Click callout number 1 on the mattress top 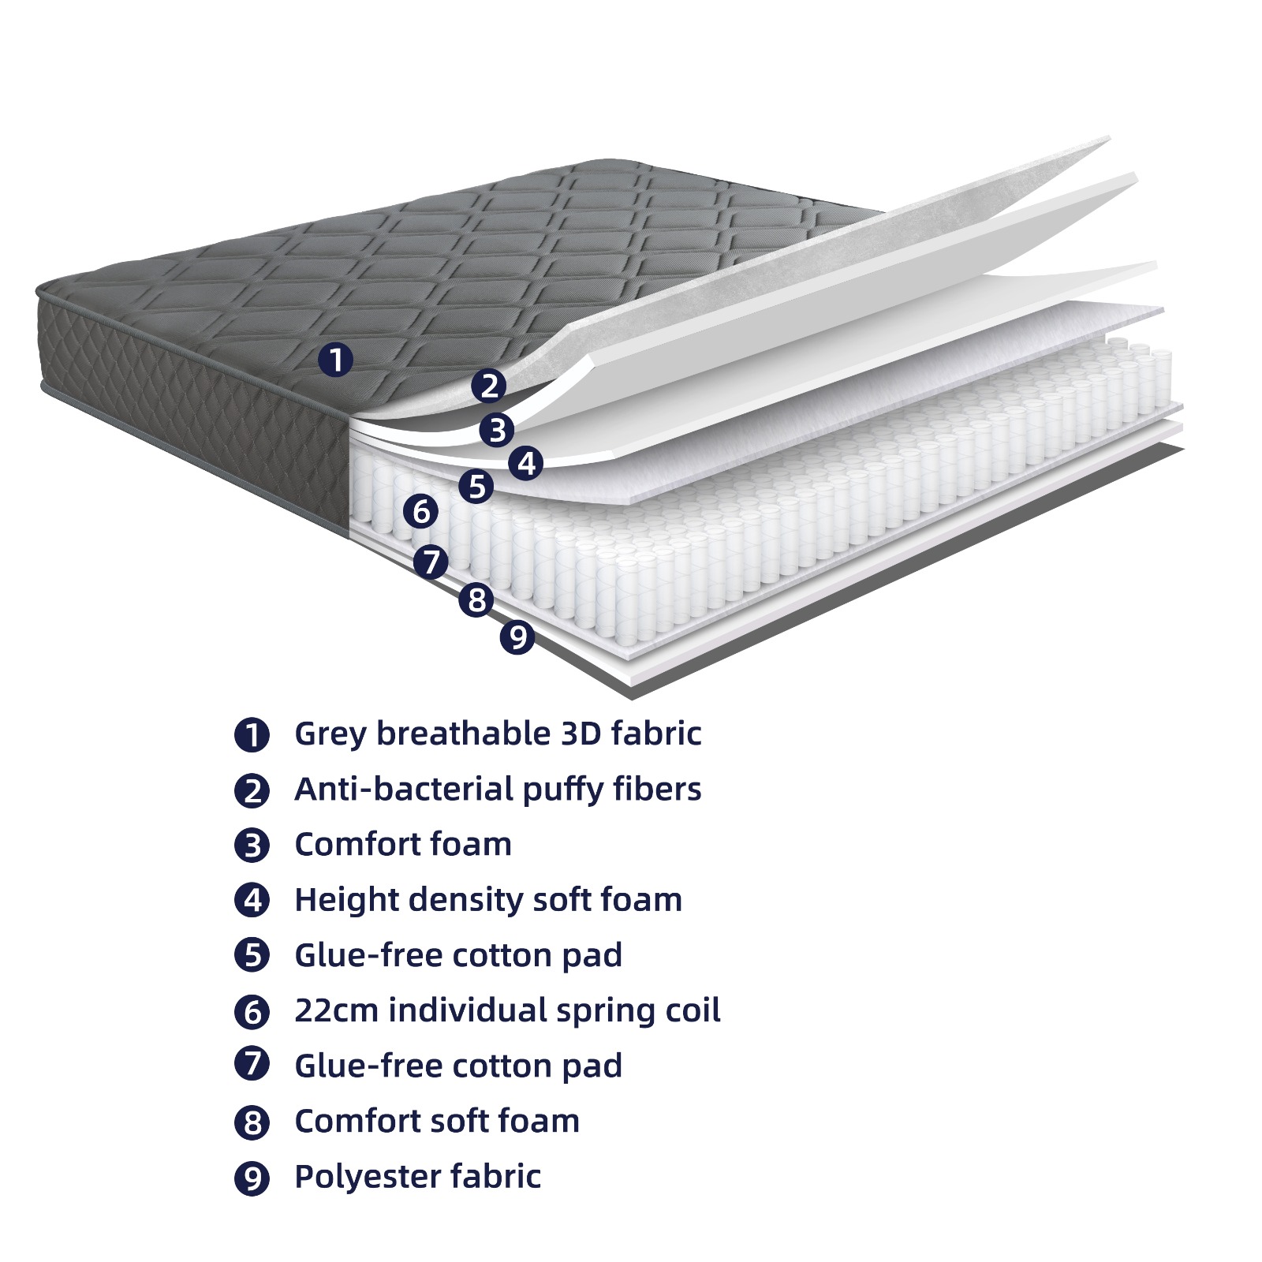pos(335,360)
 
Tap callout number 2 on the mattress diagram pos(489,386)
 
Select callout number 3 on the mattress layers pos(497,430)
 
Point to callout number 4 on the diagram pos(526,463)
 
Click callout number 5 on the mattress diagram pos(476,487)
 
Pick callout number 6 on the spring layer pos(420,511)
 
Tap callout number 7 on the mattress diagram pos(431,562)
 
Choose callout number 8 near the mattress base pos(476,599)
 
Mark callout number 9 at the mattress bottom pos(517,637)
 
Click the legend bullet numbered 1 pos(252,734)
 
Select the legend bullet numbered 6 pos(252,1011)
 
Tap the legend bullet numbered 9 pos(252,1178)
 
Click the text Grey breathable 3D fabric pos(498,734)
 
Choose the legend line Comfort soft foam pos(437,1121)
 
